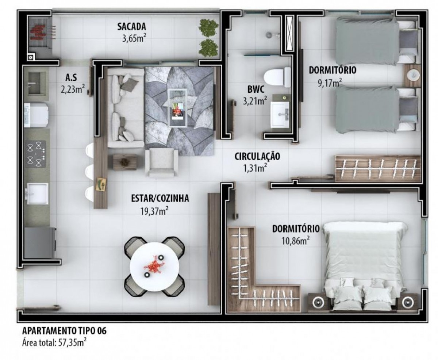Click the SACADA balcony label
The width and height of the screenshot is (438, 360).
tap(132, 27)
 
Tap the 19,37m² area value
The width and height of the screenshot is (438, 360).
tap(154, 211)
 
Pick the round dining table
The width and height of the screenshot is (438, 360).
tap(154, 267)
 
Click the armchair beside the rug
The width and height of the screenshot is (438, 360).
tap(162, 162)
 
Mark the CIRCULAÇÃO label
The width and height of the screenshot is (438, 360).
tap(257, 157)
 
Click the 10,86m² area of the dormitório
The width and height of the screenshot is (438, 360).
tap(295, 241)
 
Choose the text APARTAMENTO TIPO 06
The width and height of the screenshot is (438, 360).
tap(64, 331)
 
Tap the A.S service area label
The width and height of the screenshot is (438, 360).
tap(71, 78)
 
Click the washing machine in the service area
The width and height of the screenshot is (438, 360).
tap(36, 115)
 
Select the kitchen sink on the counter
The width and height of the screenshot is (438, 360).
tap(37, 194)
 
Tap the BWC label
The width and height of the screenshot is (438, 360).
tap(255, 89)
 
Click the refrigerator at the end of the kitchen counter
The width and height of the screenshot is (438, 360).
tap(40, 243)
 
